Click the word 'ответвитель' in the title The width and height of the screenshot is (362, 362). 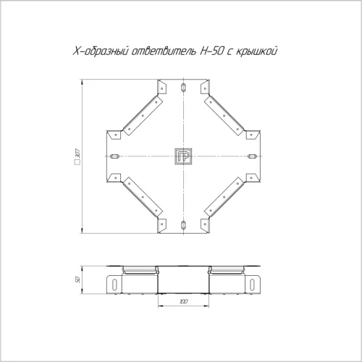point(164,51)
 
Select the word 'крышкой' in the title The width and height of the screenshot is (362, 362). point(256,51)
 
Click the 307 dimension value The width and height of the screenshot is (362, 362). point(77,153)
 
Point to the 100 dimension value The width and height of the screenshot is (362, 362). point(184,301)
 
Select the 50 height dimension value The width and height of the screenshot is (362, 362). point(77,280)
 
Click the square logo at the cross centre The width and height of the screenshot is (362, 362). point(183,156)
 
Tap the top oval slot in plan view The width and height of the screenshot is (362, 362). point(183,88)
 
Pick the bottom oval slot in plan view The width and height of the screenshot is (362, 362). point(183,225)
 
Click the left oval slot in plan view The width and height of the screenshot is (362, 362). point(114,156)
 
